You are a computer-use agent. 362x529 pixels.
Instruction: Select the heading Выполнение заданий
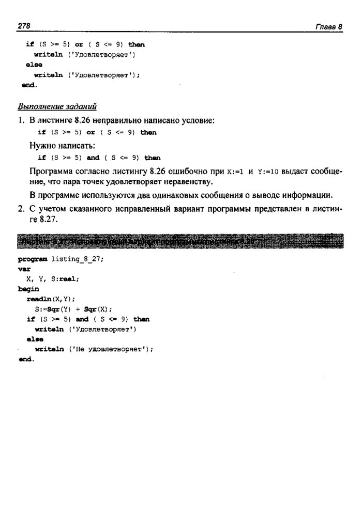point(57,106)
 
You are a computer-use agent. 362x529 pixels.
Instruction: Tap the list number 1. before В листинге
point(21,120)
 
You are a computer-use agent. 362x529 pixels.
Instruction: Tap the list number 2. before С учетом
point(21,209)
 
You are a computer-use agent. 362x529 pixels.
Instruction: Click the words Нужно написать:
point(59,145)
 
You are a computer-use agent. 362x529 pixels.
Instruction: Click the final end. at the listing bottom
point(26,359)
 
